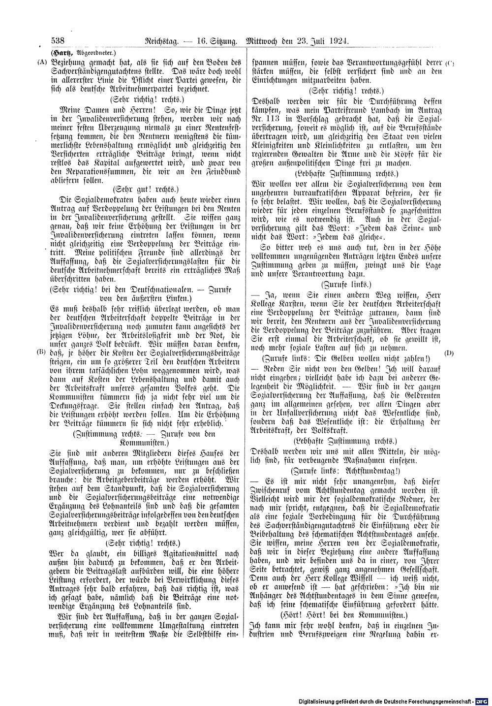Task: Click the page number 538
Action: point(59,41)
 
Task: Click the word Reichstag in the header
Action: point(159,41)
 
